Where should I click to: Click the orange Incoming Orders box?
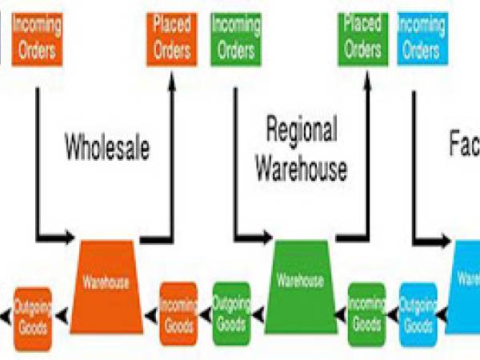click(37, 38)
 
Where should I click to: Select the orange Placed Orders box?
click(172, 38)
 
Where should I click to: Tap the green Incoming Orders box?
click(236, 38)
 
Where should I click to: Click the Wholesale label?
click(107, 148)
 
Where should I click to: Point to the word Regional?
click(302, 130)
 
